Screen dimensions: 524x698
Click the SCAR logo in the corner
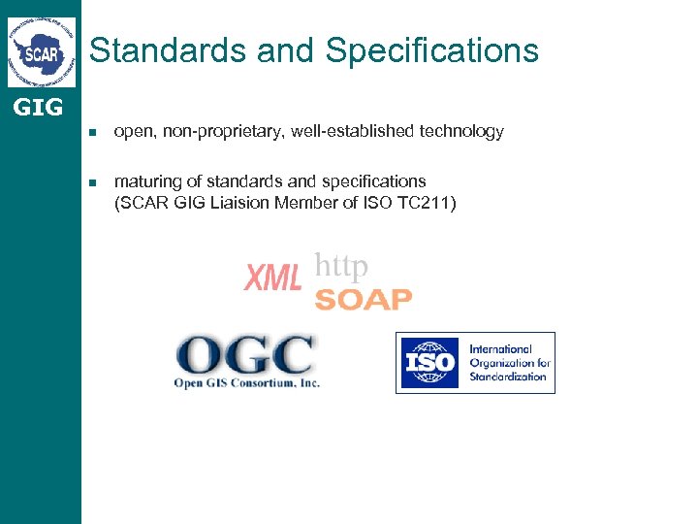41,51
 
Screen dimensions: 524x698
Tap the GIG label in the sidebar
39,108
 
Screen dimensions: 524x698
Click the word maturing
146,181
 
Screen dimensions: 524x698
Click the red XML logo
272,278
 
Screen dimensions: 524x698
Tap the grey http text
341,265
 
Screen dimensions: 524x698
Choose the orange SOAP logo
364,300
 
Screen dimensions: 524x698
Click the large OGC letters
244,355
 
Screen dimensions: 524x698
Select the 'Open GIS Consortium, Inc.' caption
246,382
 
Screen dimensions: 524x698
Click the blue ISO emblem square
428,363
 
